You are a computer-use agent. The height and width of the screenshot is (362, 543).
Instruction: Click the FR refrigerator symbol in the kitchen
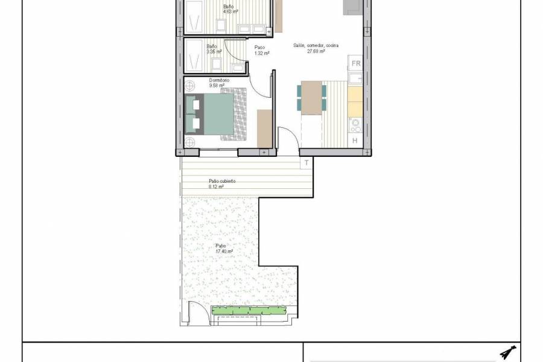point(355,63)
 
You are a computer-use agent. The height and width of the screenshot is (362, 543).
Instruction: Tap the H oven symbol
point(355,141)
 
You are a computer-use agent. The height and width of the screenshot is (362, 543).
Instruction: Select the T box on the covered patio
point(306,163)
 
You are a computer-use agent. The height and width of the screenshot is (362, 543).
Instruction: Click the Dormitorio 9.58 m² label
point(217,83)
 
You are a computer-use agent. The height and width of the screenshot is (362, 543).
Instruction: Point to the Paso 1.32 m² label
point(261,50)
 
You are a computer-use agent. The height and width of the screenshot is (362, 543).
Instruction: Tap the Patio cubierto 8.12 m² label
point(221,184)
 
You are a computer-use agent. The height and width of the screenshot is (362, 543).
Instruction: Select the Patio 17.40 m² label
point(224,249)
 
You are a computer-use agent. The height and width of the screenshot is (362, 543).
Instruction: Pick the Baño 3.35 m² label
point(213,49)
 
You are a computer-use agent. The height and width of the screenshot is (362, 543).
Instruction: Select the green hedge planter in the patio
point(247,311)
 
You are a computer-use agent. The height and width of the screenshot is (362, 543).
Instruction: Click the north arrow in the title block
point(508,353)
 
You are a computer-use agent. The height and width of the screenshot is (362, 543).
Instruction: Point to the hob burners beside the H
point(355,125)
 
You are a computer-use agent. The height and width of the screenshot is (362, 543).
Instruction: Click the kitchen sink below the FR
point(355,78)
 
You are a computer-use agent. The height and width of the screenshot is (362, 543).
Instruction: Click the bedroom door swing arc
point(261,84)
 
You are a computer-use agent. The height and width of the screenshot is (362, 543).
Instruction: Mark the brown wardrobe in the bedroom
point(264,129)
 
